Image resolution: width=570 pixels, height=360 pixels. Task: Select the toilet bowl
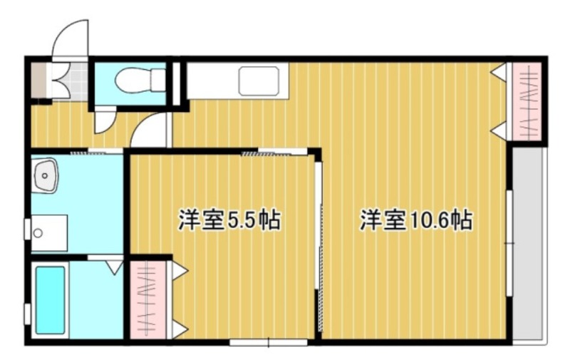pyautogui.click(x=130, y=81)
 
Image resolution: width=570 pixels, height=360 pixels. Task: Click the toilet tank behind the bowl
pyautogui.click(x=157, y=81)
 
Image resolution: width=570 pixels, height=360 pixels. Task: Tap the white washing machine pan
pyautogui.click(x=49, y=232)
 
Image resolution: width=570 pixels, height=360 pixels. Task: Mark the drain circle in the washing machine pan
pyautogui.click(x=38, y=232)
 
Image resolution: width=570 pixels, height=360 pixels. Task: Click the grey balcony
pyautogui.click(x=529, y=242)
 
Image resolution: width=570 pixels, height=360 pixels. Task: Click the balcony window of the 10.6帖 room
pyautogui.click(x=510, y=243)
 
